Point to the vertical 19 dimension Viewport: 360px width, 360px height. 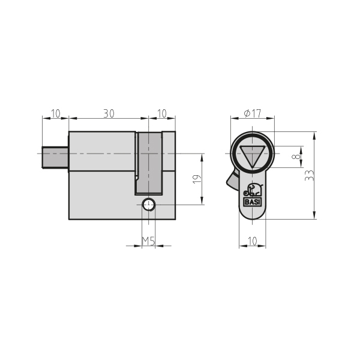click(x=197, y=179)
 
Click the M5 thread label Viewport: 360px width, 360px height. click(x=148, y=241)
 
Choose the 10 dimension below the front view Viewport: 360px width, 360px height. click(x=253, y=241)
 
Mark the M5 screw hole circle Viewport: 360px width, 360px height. click(x=148, y=205)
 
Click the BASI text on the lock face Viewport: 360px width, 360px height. click(x=253, y=202)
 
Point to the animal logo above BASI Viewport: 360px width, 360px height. click(x=252, y=191)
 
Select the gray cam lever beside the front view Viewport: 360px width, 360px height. click(x=232, y=178)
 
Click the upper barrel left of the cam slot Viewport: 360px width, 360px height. click(x=102, y=151)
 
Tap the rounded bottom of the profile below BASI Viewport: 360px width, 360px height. click(x=253, y=212)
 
